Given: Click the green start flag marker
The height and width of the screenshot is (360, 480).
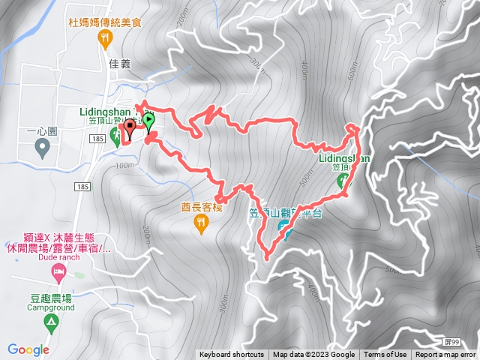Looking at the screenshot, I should pyautogui.click(x=148, y=121).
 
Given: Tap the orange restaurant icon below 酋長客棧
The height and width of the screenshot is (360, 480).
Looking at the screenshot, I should pyautogui.click(x=201, y=222).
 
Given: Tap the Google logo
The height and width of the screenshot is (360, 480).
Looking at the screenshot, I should pyautogui.click(x=28, y=349).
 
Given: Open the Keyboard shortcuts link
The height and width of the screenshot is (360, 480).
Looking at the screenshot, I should pyautogui.click(x=232, y=355).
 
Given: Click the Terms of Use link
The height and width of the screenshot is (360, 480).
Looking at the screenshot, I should pyautogui.click(x=385, y=355).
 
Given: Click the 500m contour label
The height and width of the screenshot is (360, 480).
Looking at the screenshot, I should pyautogui.click(x=304, y=178).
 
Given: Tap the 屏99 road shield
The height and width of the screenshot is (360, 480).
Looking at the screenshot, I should pyautogui.click(x=466, y=341).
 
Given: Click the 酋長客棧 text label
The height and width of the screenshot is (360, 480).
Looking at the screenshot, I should pyautogui.click(x=202, y=208).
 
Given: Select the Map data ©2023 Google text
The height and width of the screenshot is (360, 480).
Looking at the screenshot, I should pyautogui.click(x=313, y=355).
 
